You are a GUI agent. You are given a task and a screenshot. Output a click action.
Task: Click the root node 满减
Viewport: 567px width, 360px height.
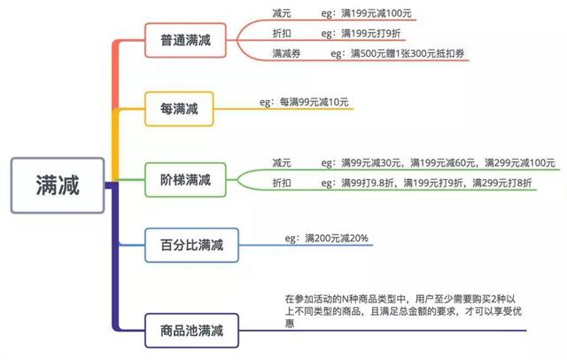(58, 185)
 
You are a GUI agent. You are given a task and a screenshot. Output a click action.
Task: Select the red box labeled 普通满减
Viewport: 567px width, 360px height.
(185, 40)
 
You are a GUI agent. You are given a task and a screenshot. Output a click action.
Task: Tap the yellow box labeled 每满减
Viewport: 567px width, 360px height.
(179, 109)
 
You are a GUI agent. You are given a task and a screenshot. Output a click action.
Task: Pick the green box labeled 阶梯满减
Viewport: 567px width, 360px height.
(185, 180)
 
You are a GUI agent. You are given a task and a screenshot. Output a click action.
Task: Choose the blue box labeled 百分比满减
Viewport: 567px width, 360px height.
(191, 245)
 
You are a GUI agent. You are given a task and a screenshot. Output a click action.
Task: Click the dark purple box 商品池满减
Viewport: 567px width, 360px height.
(191, 331)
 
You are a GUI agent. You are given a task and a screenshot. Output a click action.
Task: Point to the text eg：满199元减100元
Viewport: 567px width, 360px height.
(366, 13)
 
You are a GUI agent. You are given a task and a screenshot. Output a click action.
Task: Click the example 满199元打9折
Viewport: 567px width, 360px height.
(370, 34)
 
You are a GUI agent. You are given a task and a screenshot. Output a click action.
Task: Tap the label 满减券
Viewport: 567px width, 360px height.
(286, 53)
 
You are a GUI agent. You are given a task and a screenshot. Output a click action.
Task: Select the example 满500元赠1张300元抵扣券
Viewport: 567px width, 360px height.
(408, 53)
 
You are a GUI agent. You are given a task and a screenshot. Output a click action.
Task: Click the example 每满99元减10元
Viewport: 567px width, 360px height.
(314, 102)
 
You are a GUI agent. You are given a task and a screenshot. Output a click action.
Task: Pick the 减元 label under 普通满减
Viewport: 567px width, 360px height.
(282, 13)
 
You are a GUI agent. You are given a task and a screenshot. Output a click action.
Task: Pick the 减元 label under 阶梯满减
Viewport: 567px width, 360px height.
(282, 163)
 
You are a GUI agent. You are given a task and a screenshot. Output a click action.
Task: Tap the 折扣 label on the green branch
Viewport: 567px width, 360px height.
(282, 183)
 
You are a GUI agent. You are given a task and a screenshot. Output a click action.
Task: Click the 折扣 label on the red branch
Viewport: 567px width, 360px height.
(282, 34)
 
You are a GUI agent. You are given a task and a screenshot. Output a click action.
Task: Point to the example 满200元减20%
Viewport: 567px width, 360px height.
(337, 238)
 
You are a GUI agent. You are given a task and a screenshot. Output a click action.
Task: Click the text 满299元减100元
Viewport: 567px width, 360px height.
(520, 163)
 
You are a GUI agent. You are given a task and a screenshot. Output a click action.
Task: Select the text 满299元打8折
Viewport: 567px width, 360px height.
(502, 183)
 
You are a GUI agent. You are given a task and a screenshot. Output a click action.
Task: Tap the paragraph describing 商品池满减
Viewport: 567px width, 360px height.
(403, 311)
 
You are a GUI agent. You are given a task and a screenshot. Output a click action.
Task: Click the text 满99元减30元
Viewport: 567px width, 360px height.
(370, 163)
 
